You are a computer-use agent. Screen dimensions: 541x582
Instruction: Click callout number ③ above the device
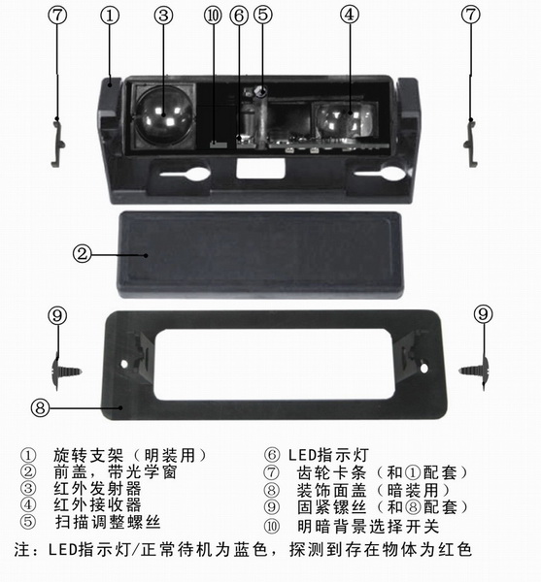click(163, 16)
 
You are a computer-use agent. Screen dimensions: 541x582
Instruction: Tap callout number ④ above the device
click(350, 15)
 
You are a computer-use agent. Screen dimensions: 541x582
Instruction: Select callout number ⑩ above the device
click(213, 16)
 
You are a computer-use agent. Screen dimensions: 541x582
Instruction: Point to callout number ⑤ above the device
click(262, 15)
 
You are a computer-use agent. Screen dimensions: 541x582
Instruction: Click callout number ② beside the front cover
click(82, 254)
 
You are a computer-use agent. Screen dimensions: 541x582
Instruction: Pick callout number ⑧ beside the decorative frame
click(40, 407)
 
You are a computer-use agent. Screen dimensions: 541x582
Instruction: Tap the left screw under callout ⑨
click(66, 372)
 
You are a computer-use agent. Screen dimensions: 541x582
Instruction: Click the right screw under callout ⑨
click(473, 372)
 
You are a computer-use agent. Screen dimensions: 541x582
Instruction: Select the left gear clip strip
click(58, 142)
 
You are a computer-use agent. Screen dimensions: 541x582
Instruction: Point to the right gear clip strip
click(471, 143)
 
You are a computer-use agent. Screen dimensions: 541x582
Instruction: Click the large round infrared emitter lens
click(163, 115)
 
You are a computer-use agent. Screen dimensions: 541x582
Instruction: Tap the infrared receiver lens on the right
click(344, 119)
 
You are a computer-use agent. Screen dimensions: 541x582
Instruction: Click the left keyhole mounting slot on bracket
click(185, 174)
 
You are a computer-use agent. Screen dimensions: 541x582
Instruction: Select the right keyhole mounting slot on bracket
click(380, 173)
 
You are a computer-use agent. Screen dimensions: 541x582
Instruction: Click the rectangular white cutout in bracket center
click(260, 169)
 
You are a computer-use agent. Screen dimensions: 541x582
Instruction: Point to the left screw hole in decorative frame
click(124, 364)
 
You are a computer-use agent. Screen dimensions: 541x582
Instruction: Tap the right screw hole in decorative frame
click(423, 369)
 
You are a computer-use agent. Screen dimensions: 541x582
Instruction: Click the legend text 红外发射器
click(97, 489)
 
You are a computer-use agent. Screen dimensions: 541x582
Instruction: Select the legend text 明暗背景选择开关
click(368, 527)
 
